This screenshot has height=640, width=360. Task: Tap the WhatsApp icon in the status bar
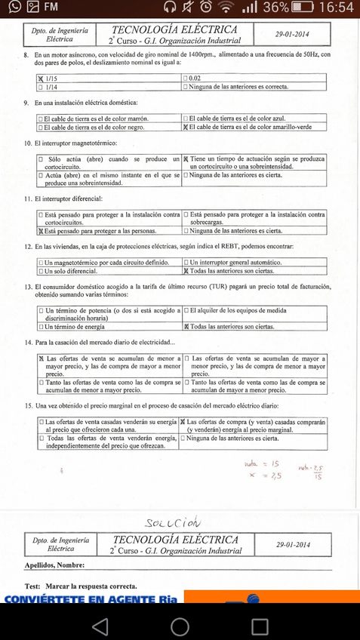11,8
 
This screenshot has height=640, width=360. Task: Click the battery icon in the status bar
303,8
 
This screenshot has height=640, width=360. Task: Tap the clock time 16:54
337,8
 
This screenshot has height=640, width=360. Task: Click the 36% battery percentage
274,8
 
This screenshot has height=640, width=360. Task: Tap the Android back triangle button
99,626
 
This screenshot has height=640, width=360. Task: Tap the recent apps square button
260,626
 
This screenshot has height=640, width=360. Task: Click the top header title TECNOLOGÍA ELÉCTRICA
174,29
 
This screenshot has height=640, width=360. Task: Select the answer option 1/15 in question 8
52,78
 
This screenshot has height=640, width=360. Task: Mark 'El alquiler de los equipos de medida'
237,310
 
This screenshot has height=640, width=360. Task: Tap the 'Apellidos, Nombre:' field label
54,565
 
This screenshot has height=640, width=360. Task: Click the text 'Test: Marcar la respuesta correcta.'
81,586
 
